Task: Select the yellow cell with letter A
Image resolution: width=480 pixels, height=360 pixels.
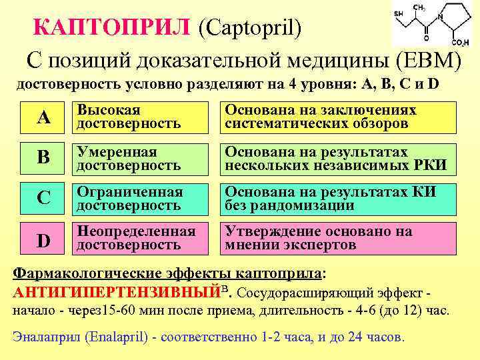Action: coord(43,117)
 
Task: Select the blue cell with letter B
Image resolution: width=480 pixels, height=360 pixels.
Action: coord(43,158)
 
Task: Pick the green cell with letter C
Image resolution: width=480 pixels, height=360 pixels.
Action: coord(43,198)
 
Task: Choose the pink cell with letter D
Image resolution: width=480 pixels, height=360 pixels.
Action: coord(43,239)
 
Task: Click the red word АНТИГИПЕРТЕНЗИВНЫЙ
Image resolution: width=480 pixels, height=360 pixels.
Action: coord(117,292)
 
